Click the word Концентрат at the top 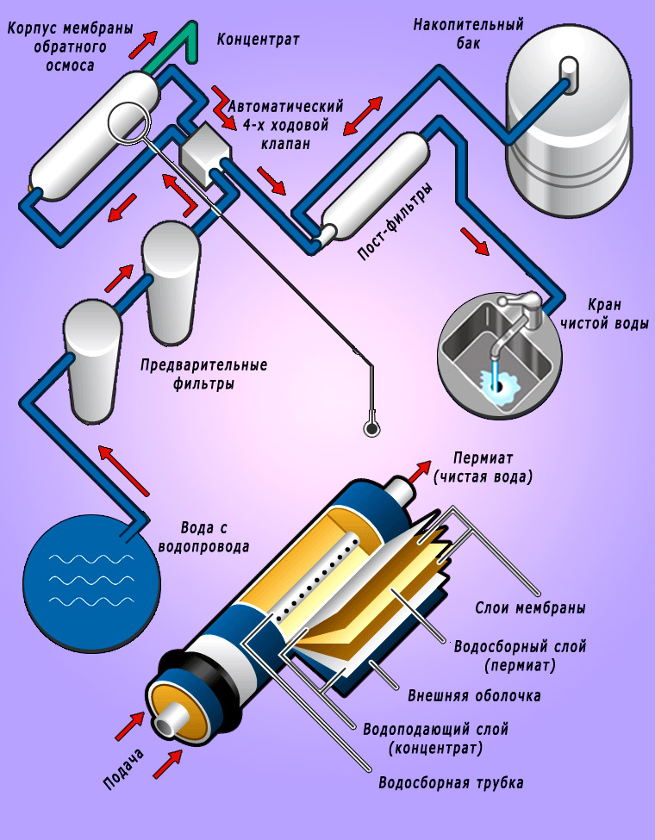[x=258, y=40]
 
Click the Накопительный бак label [x=469, y=34]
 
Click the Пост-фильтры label [x=395, y=221]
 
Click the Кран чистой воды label [x=605, y=314]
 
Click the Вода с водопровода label [x=204, y=538]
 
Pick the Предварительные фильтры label [x=203, y=374]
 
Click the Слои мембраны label [x=529, y=608]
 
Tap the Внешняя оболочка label [x=474, y=696]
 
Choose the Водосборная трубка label [x=451, y=782]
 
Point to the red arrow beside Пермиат [x=420, y=471]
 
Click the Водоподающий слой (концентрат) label [x=435, y=738]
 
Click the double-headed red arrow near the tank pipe [x=363, y=115]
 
